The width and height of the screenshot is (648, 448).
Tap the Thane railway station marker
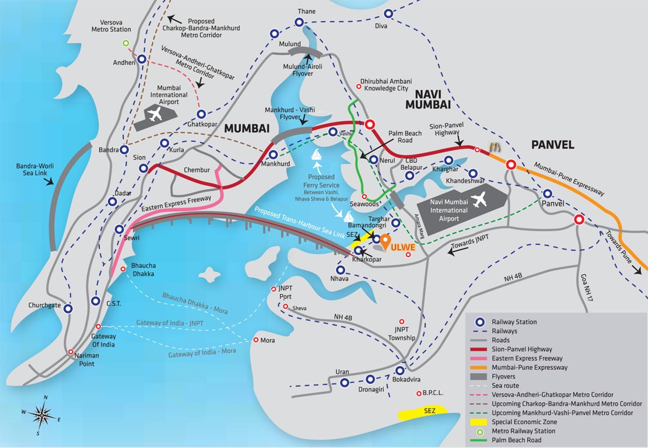(299, 23)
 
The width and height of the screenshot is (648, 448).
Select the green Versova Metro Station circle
(125, 43)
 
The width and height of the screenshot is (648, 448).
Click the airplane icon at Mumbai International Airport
(155, 115)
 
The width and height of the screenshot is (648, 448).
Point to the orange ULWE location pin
(386, 241)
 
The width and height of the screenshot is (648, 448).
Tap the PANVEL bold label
(552, 145)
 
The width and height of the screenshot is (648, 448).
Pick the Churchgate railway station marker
(68, 309)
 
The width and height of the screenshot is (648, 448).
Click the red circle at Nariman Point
(71, 352)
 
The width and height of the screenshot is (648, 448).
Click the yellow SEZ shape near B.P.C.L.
(422, 413)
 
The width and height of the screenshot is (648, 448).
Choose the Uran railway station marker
(345, 383)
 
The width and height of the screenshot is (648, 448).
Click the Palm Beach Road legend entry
(516, 440)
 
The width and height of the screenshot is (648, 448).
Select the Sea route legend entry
(505, 386)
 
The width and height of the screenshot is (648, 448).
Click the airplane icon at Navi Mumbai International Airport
(480, 200)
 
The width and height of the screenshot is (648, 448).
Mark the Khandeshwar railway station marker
(473, 173)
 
